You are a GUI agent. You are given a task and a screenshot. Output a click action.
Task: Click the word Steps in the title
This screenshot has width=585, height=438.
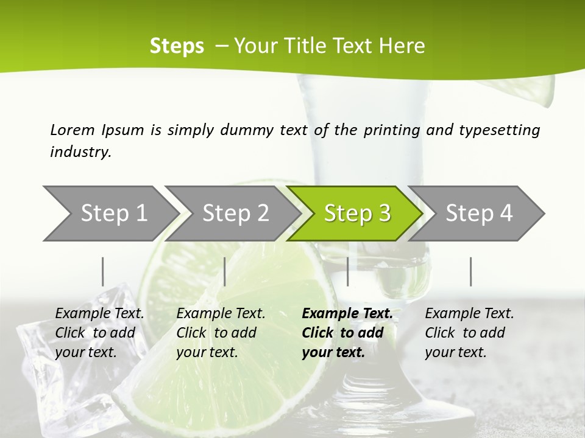coord(177,46)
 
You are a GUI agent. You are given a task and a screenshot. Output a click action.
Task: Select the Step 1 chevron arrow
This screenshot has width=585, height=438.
coord(110,214)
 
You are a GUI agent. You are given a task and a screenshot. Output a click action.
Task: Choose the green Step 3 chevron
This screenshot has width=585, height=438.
coord(356,214)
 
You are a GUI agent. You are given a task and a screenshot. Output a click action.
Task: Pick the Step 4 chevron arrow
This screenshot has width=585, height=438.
coord(478,214)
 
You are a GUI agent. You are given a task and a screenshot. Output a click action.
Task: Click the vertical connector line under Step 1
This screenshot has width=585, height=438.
coord(103,271)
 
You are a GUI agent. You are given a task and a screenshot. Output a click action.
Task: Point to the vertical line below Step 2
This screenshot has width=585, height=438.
coord(225,271)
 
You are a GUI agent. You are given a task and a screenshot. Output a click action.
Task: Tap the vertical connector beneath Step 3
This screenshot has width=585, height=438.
coord(347,271)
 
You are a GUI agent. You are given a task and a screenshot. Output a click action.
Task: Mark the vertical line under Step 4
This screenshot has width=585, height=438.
coord(470,271)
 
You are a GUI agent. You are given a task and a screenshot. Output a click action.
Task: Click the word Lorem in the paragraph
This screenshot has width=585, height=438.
coord(72,130)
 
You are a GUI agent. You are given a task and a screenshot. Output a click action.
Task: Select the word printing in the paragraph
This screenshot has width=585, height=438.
coord(392,130)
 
